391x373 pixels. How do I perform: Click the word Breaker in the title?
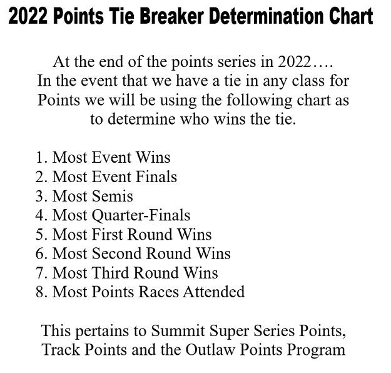click(171, 16)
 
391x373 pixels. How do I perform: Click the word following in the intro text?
click(260, 101)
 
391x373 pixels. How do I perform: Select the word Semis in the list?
click(113, 196)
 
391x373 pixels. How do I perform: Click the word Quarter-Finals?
click(141, 216)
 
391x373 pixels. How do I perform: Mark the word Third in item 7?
click(111, 273)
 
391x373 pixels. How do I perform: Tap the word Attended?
click(214, 292)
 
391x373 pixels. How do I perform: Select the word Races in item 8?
click(158, 292)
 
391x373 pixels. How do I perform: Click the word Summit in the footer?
click(178, 331)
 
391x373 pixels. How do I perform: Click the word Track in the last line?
click(61, 350)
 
